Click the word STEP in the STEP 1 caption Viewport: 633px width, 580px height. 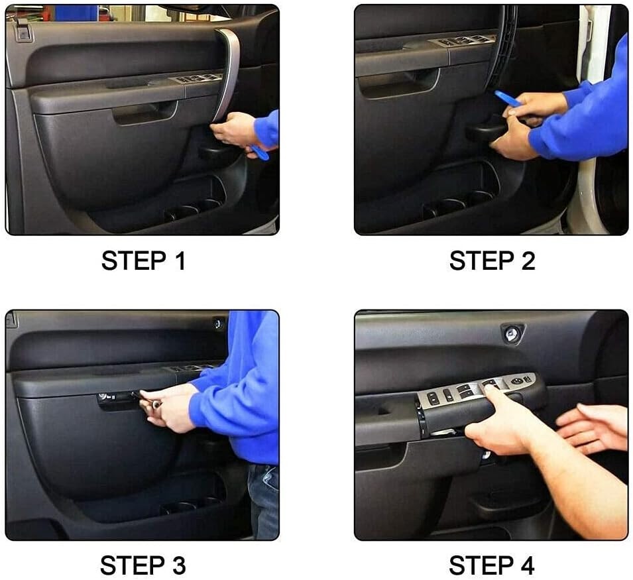point(133,261)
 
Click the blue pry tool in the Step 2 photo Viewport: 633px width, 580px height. point(507,98)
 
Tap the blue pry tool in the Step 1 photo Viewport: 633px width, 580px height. point(260,152)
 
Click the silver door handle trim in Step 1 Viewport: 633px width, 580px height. point(229,73)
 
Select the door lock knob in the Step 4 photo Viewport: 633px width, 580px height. point(511,333)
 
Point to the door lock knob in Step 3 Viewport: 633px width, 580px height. point(218,323)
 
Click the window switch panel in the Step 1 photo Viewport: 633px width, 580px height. point(198,78)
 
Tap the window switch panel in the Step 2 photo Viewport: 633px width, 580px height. point(463,40)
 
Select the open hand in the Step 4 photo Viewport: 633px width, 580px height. point(587,428)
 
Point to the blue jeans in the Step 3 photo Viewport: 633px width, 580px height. point(263,500)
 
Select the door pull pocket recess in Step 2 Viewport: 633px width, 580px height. point(398,82)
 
